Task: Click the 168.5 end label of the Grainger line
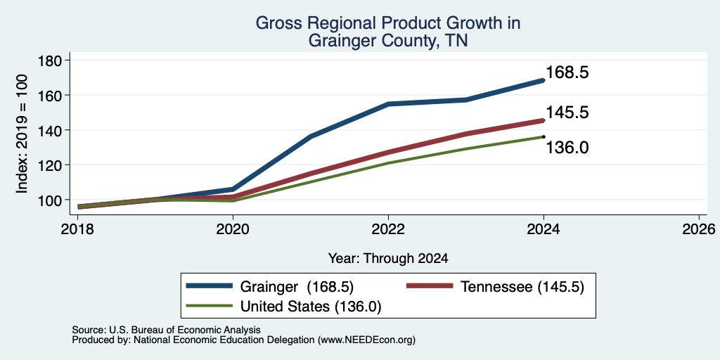point(567,72)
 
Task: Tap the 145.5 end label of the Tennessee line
point(567,112)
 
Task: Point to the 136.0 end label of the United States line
point(567,148)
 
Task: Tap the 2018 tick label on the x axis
point(77,229)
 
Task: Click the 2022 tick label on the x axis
point(388,229)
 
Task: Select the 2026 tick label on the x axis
point(699,229)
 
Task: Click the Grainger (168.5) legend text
point(297,287)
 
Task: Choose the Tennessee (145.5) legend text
point(522,287)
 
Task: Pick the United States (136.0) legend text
point(311,307)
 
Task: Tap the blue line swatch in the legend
point(210,285)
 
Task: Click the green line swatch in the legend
point(210,305)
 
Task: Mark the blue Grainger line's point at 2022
point(388,104)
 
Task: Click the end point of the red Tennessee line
point(544,121)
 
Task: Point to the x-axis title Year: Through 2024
point(388,259)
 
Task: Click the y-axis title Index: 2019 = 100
point(22,134)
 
